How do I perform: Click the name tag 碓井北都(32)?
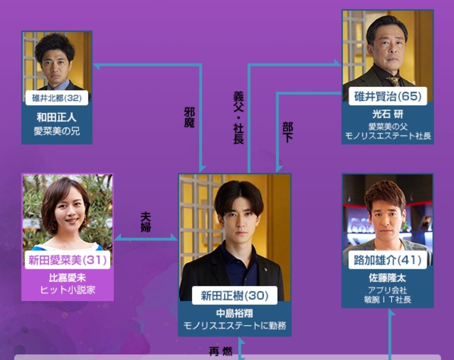click(57, 98)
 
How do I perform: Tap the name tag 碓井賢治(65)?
click(388, 96)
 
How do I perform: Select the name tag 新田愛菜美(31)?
click(67, 260)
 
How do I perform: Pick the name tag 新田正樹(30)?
click(234, 296)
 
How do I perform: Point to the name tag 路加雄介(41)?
click(388, 260)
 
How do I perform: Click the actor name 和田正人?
click(57, 117)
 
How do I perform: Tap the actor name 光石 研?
click(388, 115)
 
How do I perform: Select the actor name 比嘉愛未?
click(67, 278)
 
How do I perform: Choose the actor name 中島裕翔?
click(234, 314)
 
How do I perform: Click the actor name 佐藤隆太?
click(388, 278)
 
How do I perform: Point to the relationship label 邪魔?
click(189, 118)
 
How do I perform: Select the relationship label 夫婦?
click(146, 222)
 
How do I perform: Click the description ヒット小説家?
click(67, 290)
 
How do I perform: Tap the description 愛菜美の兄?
click(57, 131)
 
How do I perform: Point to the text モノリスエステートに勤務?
click(234, 325)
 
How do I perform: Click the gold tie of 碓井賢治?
click(394, 81)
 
